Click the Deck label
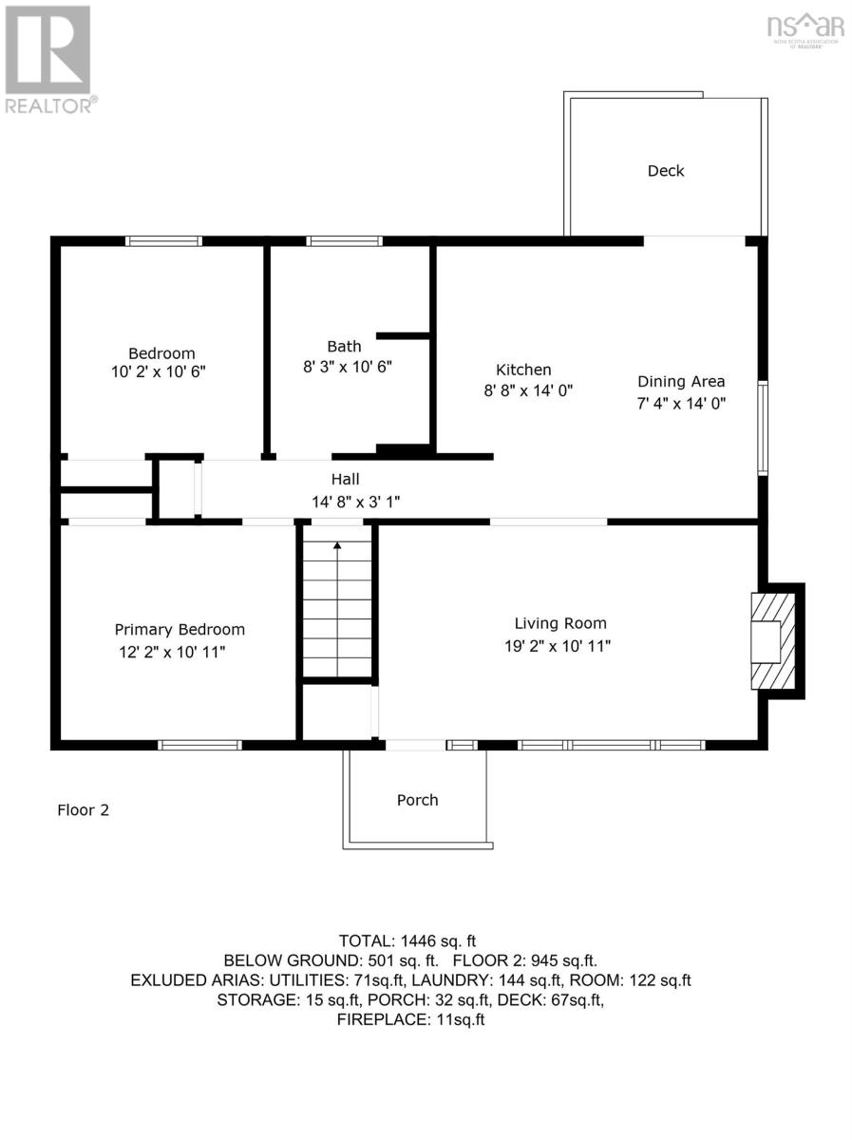tap(666, 171)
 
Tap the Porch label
tap(417, 800)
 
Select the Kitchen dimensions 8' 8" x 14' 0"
tap(527, 389)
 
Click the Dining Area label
tap(681, 381)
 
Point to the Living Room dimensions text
tap(558, 646)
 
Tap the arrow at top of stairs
tap(337, 545)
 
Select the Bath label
tap(344, 346)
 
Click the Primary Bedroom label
tap(180, 629)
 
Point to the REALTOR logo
tap(48, 59)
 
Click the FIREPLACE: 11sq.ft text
tap(411, 1019)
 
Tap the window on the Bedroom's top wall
tap(164, 241)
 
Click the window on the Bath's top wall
tap(344, 241)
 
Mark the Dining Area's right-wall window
tap(762, 427)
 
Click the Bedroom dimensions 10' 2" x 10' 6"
tap(159, 372)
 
